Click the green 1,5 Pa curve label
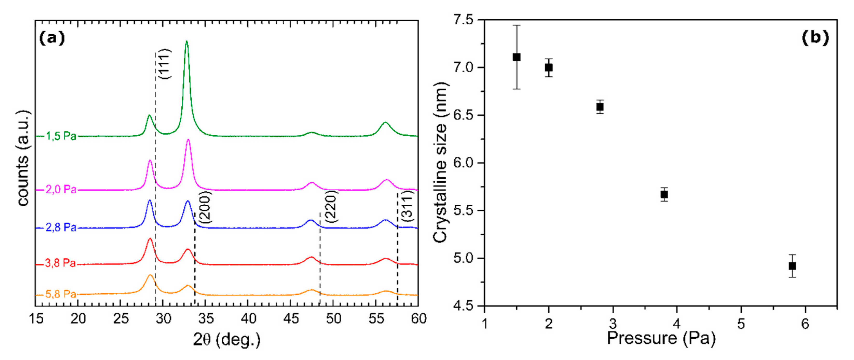point(61,136)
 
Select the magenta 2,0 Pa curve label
point(61,190)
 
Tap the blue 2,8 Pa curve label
point(61,228)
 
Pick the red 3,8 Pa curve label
point(60,264)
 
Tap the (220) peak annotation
point(331,206)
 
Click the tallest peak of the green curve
point(187,42)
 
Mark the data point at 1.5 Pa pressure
point(516,57)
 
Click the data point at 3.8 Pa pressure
point(664,195)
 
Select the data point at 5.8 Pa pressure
point(792,266)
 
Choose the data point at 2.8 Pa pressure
point(600,107)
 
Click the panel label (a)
point(52,38)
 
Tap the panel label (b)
point(815,37)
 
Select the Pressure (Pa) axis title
point(661,338)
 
